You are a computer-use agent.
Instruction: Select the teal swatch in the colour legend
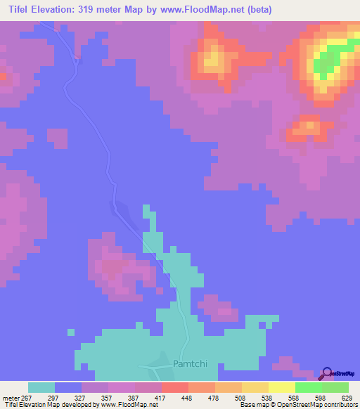(x=41, y=387)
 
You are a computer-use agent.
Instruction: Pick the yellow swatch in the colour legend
(x=282, y=387)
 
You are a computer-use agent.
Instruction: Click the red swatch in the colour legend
(x=175, y=387)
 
